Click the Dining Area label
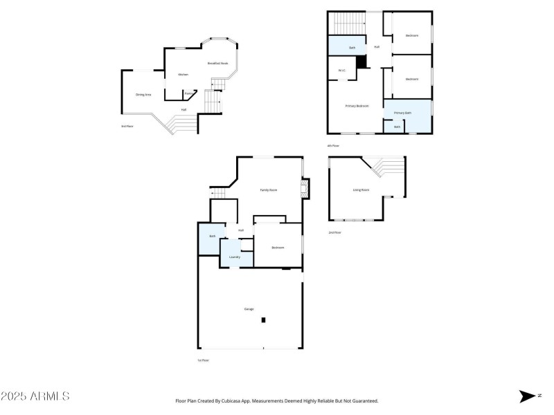(x=143, y=95)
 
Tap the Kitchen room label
(x=183, y=75)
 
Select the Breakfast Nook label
(x=218, y=64)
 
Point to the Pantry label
(x=188, y=93)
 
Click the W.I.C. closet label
(x=342, y=71)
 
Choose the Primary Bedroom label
(x=357, y=106)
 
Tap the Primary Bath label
(x=403, y=113)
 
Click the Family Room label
(x=269, y=190)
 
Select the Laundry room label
(x=235, y=257)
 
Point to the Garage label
(x=249, y=308)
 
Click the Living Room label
(x=361, y=190)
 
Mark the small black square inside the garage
(x=263, y=320)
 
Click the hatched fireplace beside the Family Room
(x=304, y=188)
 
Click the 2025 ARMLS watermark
(x=35, y=396)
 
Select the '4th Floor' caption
(x=333, y=146)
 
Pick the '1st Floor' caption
(x=203, y=360)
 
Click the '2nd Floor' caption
(x=334, y=232)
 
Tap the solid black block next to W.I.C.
(x=361, y=62)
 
